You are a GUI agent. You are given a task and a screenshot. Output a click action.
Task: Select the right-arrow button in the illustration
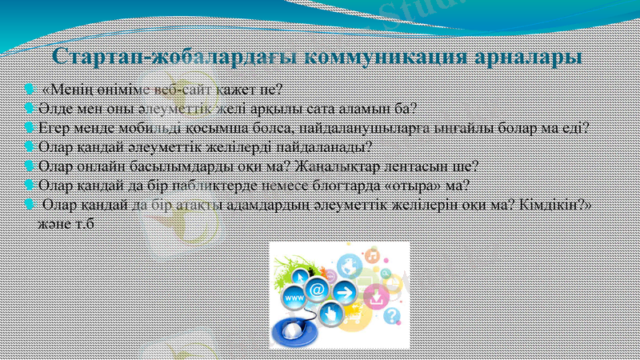tap(344, 291)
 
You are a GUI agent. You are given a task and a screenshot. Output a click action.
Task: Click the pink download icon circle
tap(374, 297)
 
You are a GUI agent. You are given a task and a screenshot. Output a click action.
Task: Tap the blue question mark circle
tap(390, 317)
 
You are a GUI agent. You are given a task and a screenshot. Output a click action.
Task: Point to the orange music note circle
tap(372, 256)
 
